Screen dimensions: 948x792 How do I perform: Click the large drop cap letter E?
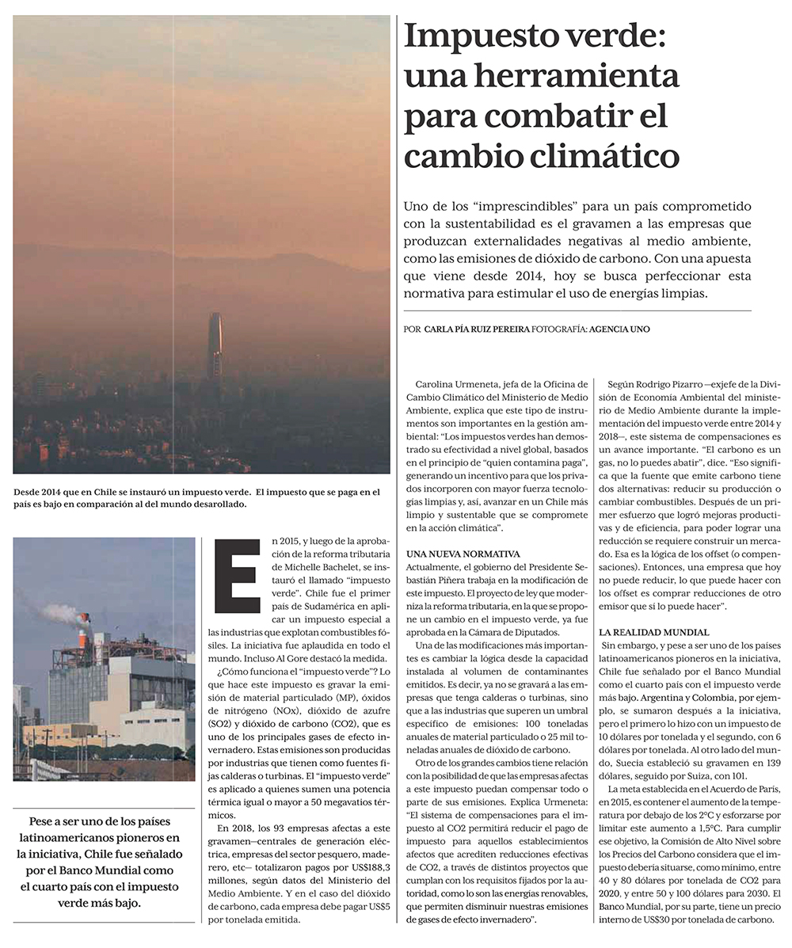click(237, 576)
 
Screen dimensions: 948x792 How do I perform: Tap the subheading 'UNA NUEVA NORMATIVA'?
click(463, 554)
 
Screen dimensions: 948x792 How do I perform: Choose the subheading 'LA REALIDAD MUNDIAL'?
click(654, 633)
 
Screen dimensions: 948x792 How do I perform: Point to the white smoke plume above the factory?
click(63, 612)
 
